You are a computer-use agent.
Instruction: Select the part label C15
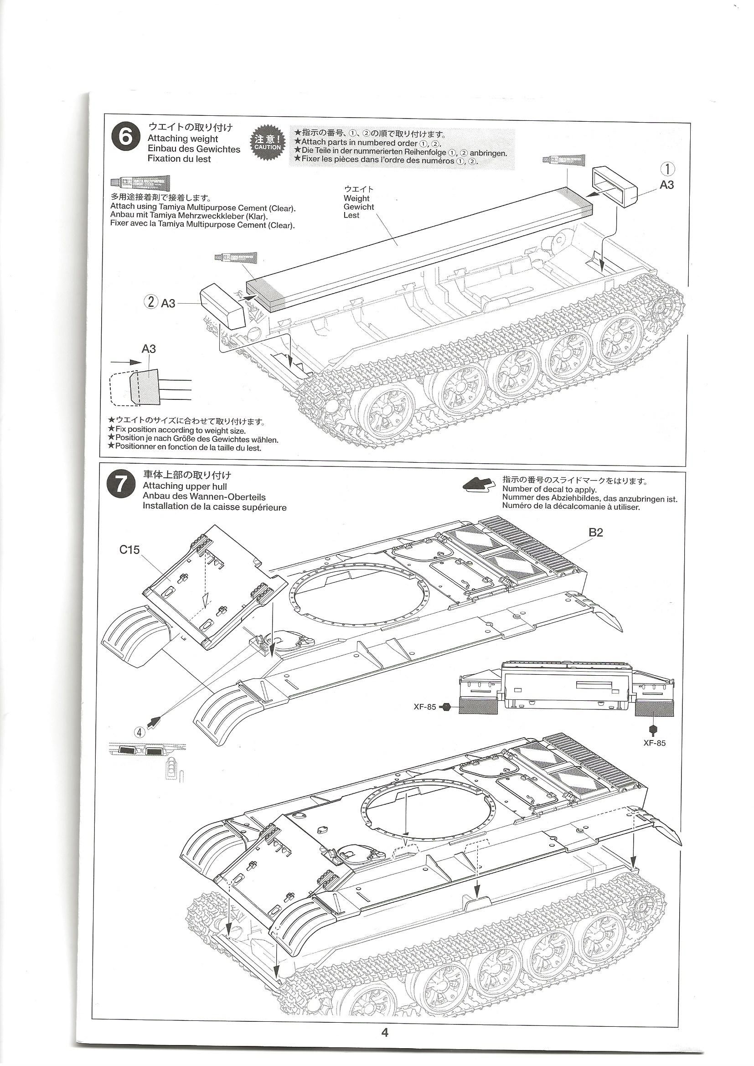click(x=129, y=550)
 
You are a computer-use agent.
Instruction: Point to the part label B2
click(x=596, y=533)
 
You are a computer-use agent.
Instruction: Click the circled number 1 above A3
click(x=668, y=169)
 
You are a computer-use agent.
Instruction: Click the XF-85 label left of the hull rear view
click(x=425, y=707)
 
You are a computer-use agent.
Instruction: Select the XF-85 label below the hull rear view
click(x=655, y=743)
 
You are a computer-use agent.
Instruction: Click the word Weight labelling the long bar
click(x=356, y=198)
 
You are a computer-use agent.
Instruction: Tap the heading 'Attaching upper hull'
click(x=185, y=486)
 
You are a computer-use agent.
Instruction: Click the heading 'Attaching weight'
click(x=182, y=138)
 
